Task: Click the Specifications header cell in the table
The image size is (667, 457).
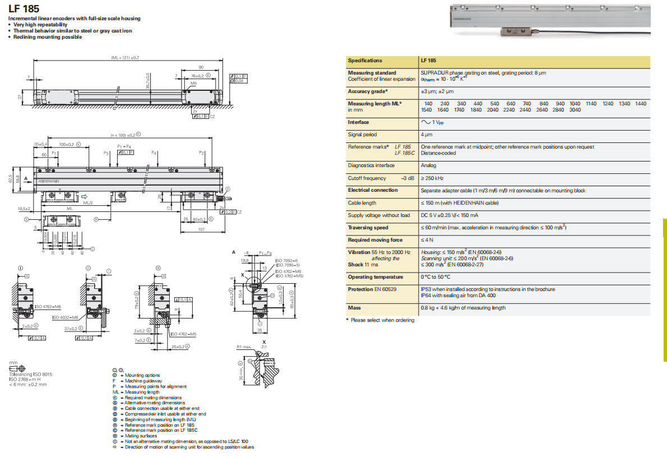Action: (x=365, y=61)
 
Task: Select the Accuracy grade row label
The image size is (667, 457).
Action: (x=368, y=91)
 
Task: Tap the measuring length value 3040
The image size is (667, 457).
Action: (x=575, y=110)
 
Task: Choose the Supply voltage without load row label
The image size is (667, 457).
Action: (x=378, y=215)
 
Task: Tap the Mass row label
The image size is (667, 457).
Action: (x=354, y=308)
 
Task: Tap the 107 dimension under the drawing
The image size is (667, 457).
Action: (x=201, y=229)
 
